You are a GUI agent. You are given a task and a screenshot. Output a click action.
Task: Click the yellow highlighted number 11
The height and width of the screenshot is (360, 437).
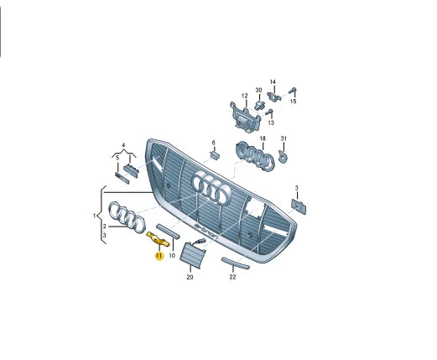click(159, 256)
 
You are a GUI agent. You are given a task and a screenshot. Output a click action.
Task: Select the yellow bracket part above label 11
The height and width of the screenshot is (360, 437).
click(158, 239)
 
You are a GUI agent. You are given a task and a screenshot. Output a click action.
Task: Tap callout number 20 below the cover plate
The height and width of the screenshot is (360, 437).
click(190, 277)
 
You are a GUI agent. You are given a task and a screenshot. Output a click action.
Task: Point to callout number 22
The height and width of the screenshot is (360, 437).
click(232, 277)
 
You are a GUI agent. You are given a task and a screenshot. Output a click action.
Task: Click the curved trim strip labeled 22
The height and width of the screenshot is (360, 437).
click(235, 263)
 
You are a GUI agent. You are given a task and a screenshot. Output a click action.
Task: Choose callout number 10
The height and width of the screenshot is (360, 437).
click(172, 256)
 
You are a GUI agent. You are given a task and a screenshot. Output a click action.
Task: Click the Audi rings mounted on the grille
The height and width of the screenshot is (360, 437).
click(211, 187)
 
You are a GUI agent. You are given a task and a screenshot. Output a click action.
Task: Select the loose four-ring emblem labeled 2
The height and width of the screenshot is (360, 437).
click(127, 217)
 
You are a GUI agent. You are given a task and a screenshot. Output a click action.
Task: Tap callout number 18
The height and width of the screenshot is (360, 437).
click(263, 138)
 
